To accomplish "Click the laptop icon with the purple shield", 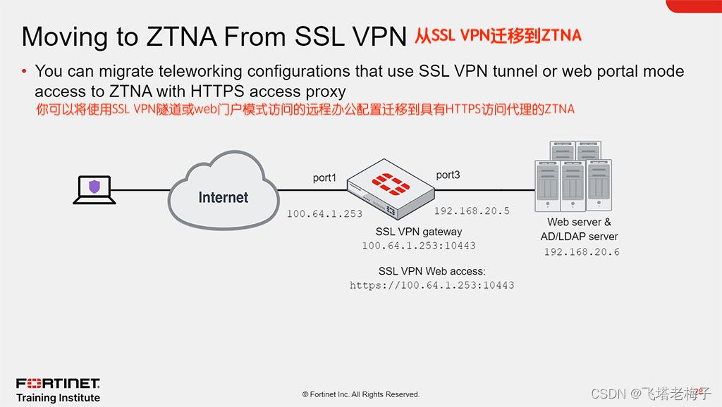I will pyautogui.click(x=94, y=189).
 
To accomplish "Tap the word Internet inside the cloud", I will pyautogui.click(x=224, y=197).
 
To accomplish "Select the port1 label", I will pyautogui.click(x=324, y=177).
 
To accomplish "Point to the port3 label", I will pyautogui.click(x=448, y=175).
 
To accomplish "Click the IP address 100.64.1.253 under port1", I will pyautogui.click(x=324, y=213).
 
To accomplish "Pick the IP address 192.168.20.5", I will pyautogui.click(x=472, y=211).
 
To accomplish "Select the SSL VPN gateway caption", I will pyautogui.click(x=419, y=232).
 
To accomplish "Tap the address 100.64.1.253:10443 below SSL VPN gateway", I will pyautogui.click(x=419, y=246).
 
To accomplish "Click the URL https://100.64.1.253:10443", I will pyautogui.click(x=432, y=285).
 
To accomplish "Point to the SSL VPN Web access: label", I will pyautogui.click(x=432, y=271).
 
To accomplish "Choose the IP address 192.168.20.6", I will pyautogui.click(x=582, y=251).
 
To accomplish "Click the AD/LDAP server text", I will pyautogui.click(x=579, y=237).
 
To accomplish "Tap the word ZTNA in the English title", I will pyautogui.click(x=180, y=37).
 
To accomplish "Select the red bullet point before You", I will pyautogui.click(x=25, y=71).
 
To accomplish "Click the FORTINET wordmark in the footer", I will pyautogui.click(x=58, y=384).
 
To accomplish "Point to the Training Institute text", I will pyautogui.click(x=58, y=398).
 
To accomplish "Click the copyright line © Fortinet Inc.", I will pyautogui.click(x=361, y=394).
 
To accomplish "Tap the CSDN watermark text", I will pyautogui.click(x=608, y=393).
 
